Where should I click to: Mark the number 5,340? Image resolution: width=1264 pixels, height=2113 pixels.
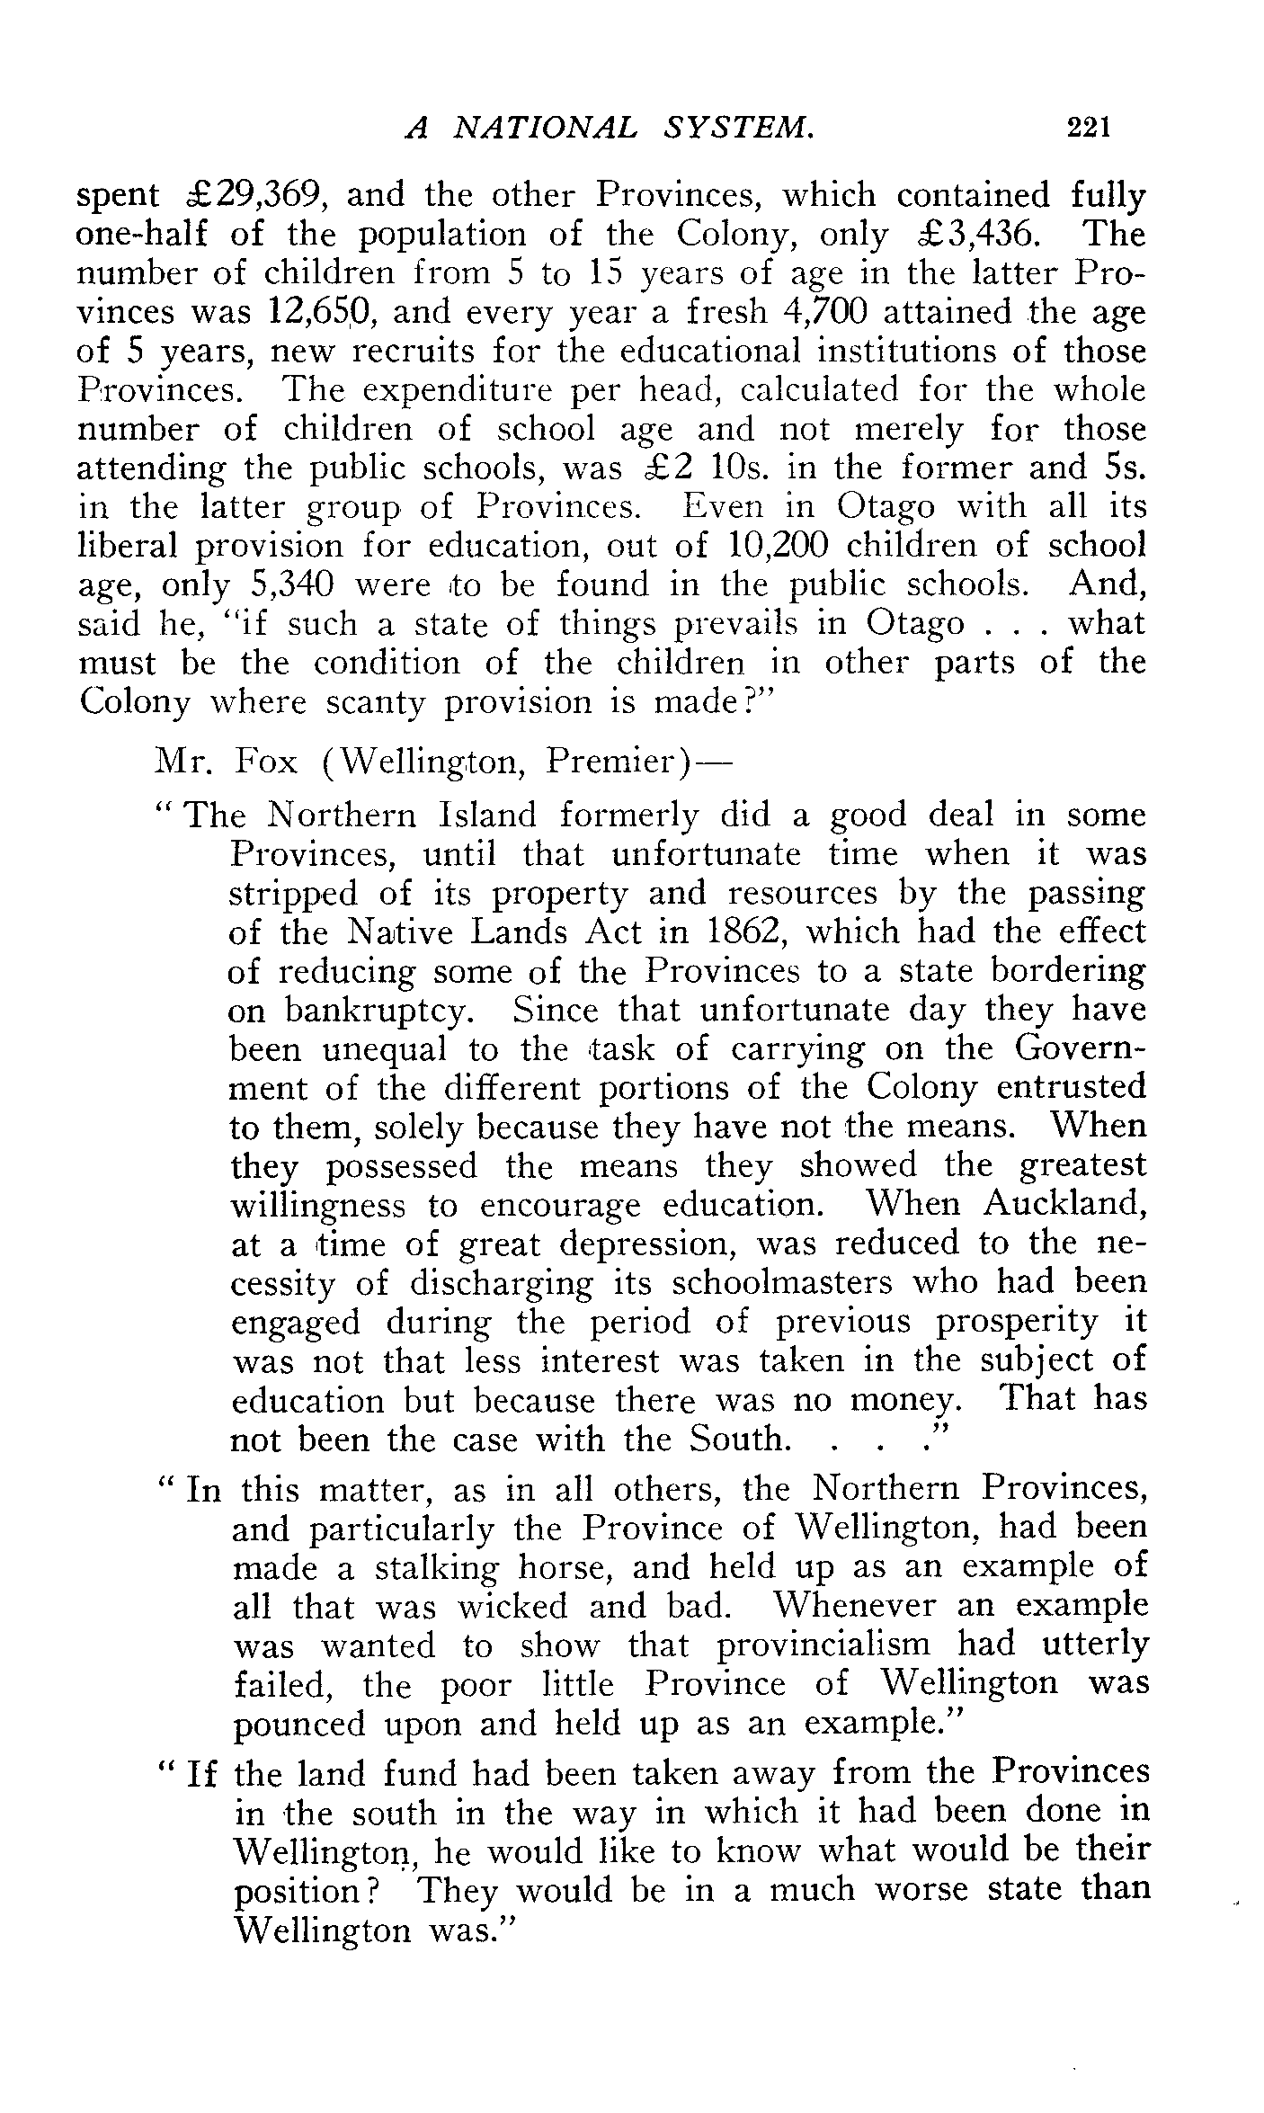tap(289, 585)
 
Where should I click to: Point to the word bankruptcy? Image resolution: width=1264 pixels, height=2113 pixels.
tap(378, 1012)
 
